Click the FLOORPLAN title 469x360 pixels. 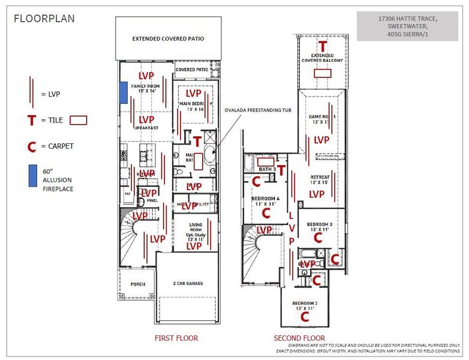pyautogui.click(x=44, y=19)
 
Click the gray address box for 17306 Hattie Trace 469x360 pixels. pyautogui.click(x=407, y=26)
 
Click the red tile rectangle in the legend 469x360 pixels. pyautogui.click(x=79, y=120)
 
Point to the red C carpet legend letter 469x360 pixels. pyautogui.click(x=31, y=146)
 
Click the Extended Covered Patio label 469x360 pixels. pyautogui.click(x=168, y=38)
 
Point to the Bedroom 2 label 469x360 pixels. pyautogui.click(x=305, y=303)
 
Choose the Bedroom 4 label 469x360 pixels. pyautogui.click(x=265, y=199)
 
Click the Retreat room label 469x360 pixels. pyautogui.click(x=320, y=178)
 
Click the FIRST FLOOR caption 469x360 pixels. pyautogui.click(x=176, y=338)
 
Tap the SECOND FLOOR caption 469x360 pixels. pyautogui.click(x=299, y=338)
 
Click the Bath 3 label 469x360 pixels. pyautogui.click(x=266, y=170)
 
